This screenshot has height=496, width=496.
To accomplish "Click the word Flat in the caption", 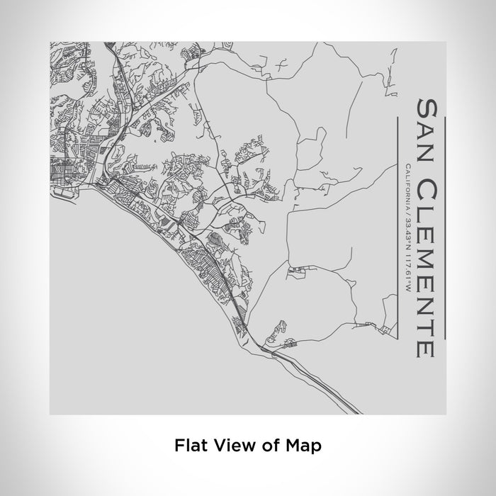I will [x=188, y=446].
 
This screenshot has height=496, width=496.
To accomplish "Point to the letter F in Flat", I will [x=178, y=446].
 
